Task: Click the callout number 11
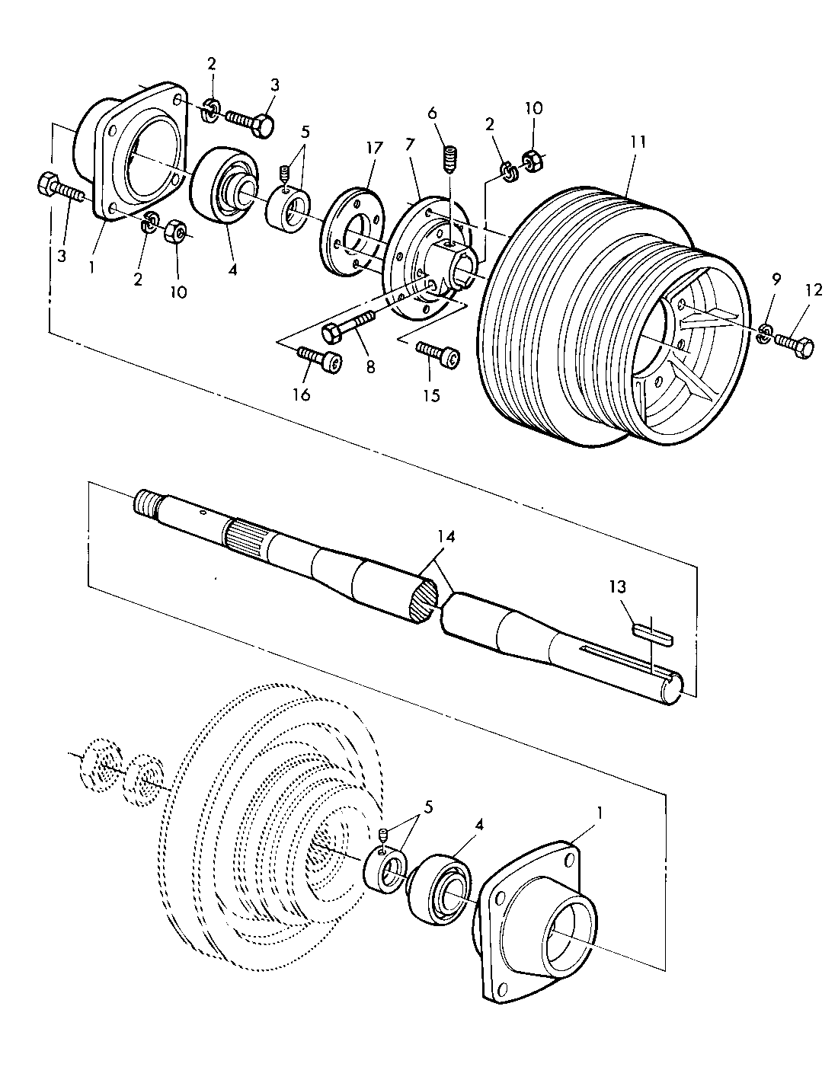pyautogui.click(x=638, y=141)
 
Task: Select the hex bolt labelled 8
pyautogui.click(x=347, y=327)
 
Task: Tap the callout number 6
pyautogui.click(x=433, y=113)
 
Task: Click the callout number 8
pyautogui.click(x=371, y=366)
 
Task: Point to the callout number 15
pyautogui.click(x=431, y=395)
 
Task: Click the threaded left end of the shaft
pyautogui.click(x=145, y=504)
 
